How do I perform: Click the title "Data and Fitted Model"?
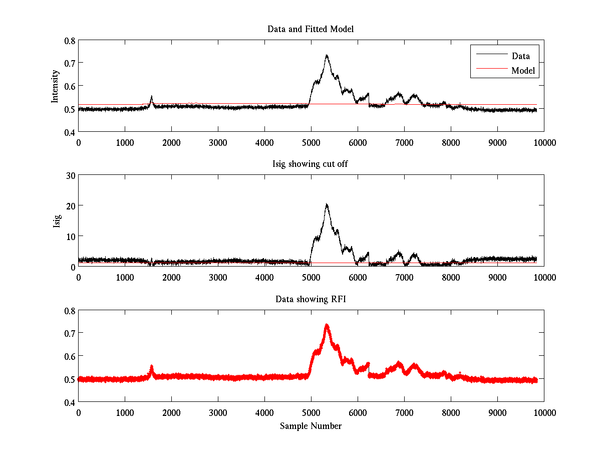point(311,29)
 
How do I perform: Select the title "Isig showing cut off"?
point(311,164)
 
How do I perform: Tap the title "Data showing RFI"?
point(311,299)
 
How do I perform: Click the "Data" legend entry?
point(520,56)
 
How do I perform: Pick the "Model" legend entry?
point(523,71)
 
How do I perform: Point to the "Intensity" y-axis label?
point(55,86)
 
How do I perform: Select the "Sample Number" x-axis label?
point(311,426)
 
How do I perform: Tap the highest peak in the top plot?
point(327,56)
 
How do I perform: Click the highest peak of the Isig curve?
point(327,204)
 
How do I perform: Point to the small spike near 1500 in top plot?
point(151,97)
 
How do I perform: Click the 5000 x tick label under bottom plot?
point(311,412)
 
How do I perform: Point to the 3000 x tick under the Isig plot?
point(218,277)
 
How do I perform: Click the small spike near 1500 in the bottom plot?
point(151,368)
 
